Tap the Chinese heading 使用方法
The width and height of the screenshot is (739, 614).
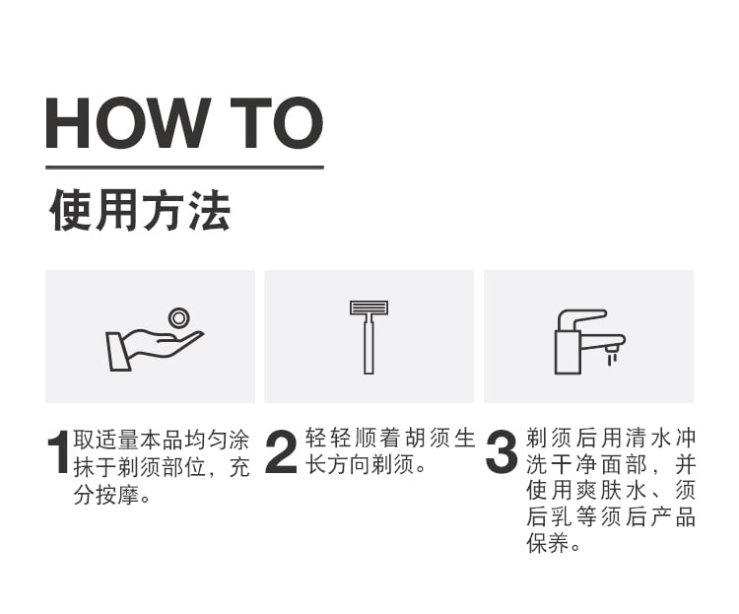pos(140,211)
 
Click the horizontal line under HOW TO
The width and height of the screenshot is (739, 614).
pos(185,167)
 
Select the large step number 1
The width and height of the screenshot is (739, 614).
pos(58,451)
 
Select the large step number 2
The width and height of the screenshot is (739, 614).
pos(282,451)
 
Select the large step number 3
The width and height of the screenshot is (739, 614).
pos(502,451)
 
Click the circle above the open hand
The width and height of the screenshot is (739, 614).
pos(179,318)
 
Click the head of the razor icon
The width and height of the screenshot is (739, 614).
pos(369,307)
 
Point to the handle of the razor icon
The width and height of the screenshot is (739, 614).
pos(369,344)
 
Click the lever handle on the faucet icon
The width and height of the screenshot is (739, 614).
pos(581,318)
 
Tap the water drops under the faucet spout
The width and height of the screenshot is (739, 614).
pos(612,360)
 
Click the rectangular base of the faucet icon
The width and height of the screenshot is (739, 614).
pos(568,352)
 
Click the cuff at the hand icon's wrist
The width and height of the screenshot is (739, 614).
pos(118,351)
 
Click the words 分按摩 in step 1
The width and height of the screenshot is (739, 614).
pos(106,495)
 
